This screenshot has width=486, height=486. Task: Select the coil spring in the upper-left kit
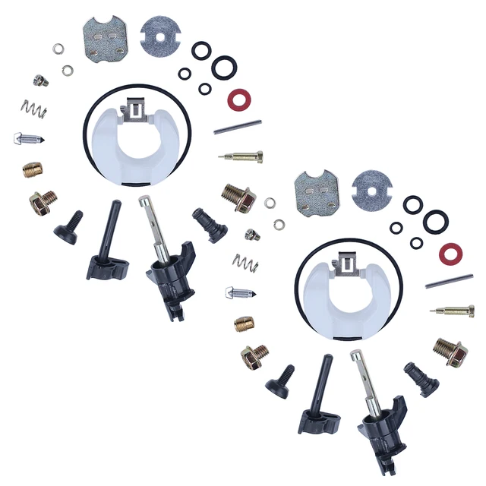pyautogui.click(x=34, y=109)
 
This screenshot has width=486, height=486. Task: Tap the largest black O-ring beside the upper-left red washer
pyautogui.click(x=224, y=67)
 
